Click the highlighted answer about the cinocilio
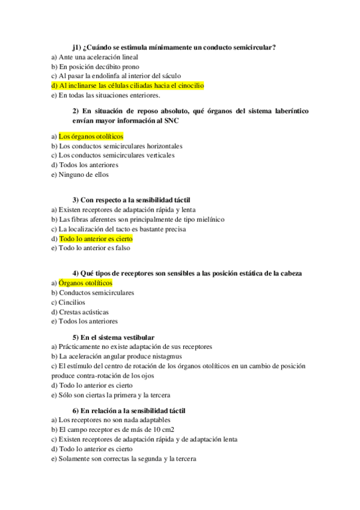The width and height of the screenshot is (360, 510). point(132,85)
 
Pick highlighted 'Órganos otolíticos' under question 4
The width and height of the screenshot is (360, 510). point(85,283)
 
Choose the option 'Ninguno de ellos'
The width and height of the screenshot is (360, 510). point(84,174)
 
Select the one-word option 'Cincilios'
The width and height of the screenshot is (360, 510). point(72,302)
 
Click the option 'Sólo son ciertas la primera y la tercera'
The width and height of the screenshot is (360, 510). point(114,395)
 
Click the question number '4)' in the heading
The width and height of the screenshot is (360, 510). point(76,273)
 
